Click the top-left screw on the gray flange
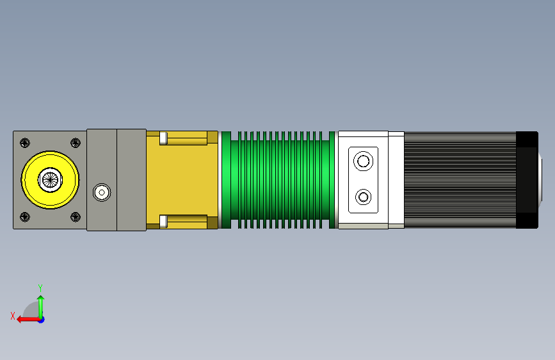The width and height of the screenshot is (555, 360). tap(25, 143)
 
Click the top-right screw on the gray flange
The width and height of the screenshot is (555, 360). tap(76, 143)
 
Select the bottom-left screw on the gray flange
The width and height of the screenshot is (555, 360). tap(25, 217)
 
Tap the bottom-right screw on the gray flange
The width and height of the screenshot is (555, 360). tap(76, 217)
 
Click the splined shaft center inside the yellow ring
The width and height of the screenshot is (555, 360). tap(51, 179)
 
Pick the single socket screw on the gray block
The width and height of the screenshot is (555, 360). tap(102, 192)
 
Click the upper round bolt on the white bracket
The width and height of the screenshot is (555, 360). tap(363, 161)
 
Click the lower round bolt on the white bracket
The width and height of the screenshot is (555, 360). tap(363, 197)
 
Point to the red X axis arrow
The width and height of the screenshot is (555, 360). tap(29, 320)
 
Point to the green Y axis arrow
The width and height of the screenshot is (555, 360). tap(41, 307)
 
